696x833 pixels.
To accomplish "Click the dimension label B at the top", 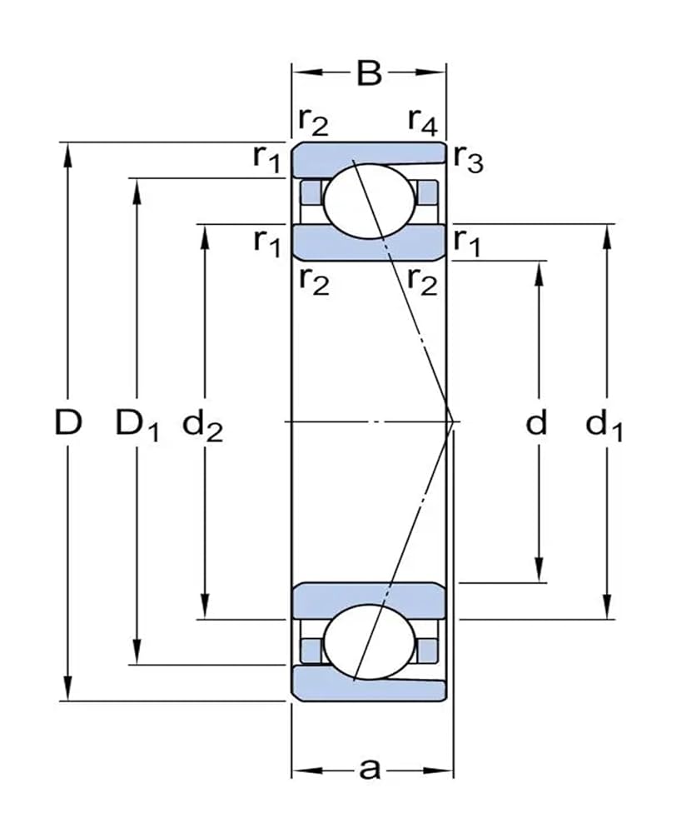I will pos(369,74).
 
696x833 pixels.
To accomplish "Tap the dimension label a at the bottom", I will pos(370,770).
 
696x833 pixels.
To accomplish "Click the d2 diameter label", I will pos(202,426).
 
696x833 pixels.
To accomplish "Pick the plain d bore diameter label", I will pos(538,423).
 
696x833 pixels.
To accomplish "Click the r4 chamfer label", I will pos(422,122).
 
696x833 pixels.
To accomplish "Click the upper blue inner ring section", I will pos(369,242).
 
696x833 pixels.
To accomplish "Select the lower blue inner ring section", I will pos(369,601).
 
